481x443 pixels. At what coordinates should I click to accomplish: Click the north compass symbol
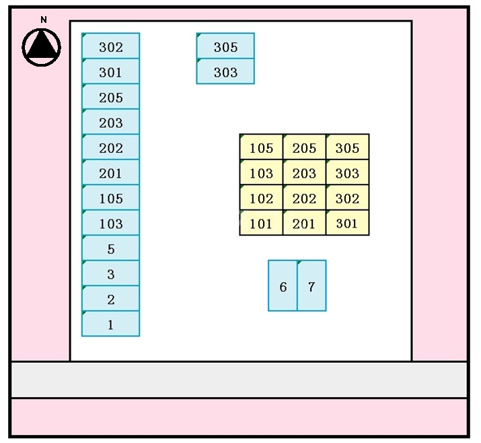tap(42, 46)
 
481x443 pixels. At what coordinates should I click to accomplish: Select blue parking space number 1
tap(111, 324)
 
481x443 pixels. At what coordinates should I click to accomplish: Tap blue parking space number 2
tap(111, 299)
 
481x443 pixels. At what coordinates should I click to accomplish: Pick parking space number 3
tap(111, 273)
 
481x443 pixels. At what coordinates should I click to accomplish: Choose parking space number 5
tap(111, 248)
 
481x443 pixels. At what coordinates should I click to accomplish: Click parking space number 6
tap(283, 286)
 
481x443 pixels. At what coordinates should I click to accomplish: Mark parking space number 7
tap(311, 286)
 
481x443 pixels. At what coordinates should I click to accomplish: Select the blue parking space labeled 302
tap(111, 46)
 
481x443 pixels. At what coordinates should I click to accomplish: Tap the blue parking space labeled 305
tap(225, 46)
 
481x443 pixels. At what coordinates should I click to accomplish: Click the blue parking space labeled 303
tap(225, 71)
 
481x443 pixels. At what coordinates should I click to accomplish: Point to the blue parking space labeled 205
tap(111, 97)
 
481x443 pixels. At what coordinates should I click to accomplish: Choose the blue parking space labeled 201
tap(111, 172)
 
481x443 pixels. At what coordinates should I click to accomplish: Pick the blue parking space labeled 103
tap(111, 223)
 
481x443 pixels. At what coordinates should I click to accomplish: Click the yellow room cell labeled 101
tap(261, 223)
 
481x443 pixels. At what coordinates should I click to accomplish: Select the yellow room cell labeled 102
tap(261, 198)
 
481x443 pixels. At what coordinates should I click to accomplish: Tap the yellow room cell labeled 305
tap(347, 147)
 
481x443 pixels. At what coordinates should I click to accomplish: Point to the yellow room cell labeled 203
tap(304, 172)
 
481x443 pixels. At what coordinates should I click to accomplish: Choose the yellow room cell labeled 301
tap(347, 223)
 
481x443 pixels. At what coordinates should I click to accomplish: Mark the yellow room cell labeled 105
tap(261, 147)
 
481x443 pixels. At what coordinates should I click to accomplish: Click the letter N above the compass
tap(44, 20)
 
